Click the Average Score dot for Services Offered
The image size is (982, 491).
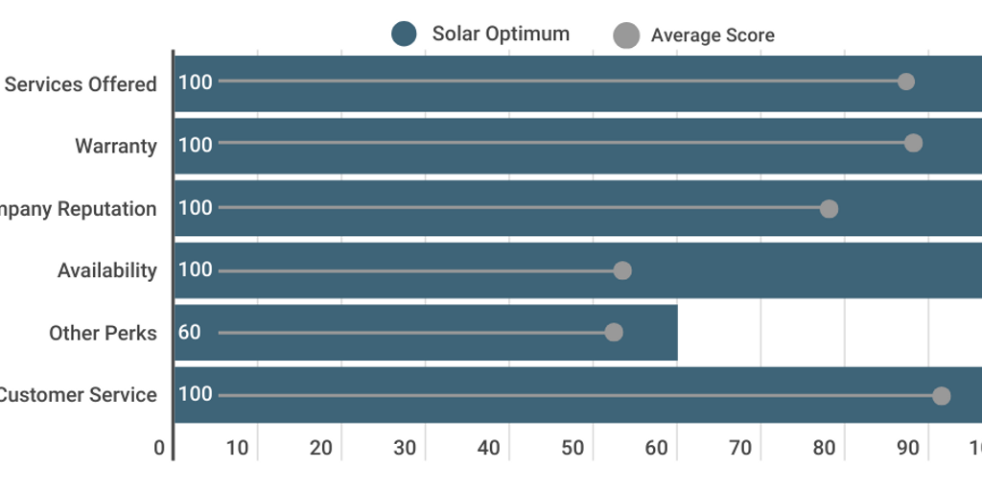(x=905, y=82)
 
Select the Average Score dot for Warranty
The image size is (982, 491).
(x=913, y=143)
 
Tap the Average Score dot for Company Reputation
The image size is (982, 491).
(x=829, y=209)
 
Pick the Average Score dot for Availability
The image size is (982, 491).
(x=622, y=270)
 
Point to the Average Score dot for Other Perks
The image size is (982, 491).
(x=614, y=332)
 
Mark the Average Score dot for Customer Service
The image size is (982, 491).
(x=941, y=396)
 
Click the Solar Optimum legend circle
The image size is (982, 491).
(x=404, y=35)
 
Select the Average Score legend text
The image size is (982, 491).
(x=712, y=35)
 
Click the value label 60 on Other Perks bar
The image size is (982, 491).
(x=190, y=333)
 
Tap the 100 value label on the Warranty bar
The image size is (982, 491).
(x=196, y=145)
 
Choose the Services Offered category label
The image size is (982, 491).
(x=81, y=84)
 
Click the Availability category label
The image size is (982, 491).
(x=106, y=270)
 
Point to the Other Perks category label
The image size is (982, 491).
(x=103, y=333)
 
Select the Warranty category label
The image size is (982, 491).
(x=116, y=147)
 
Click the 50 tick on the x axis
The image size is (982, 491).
(x=573, y=448)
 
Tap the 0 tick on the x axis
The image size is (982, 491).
(x=159, y=448)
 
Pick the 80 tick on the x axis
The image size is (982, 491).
(x=824, y=448)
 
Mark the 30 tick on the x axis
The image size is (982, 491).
(x=405, y=448)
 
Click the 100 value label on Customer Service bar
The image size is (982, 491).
(x=196, y=394)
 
